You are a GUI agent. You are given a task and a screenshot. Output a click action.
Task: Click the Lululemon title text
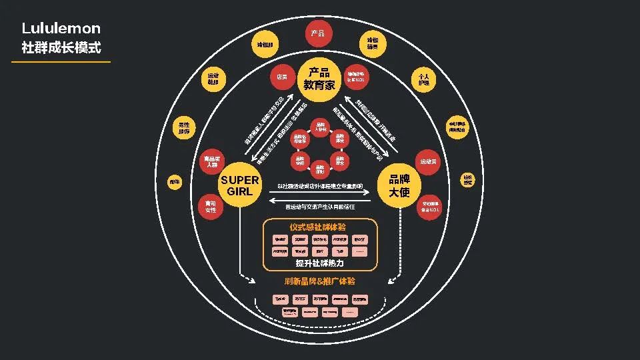click(61, 29)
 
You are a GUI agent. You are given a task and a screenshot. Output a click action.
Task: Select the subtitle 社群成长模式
click(61, 48)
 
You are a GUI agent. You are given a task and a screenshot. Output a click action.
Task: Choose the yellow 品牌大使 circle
click(399, 185)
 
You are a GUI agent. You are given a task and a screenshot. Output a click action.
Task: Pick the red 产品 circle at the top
click(318, 34)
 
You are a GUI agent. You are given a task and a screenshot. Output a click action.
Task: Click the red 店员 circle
click(282, 77)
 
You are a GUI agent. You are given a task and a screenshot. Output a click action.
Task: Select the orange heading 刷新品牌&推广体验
click(320, 281)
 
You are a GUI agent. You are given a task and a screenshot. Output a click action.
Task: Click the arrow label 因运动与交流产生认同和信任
click(320, 207)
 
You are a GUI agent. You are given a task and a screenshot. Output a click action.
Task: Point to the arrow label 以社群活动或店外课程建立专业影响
click(320, 186)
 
